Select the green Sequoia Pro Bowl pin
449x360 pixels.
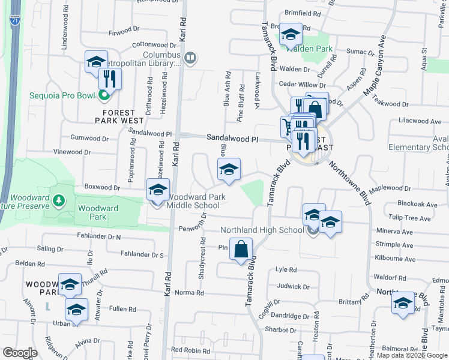point(103,95)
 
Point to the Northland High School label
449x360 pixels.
point(262,230)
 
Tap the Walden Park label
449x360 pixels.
point(309,49)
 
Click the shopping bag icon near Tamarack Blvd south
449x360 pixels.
point(241,251)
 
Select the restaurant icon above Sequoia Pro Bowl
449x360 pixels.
point(109,79)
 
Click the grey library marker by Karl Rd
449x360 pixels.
point(190,58)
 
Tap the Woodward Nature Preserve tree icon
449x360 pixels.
point(59,200)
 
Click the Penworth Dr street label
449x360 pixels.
point(193,229)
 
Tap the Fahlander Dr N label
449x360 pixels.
point(99,237)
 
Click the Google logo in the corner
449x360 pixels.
point(20,353)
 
